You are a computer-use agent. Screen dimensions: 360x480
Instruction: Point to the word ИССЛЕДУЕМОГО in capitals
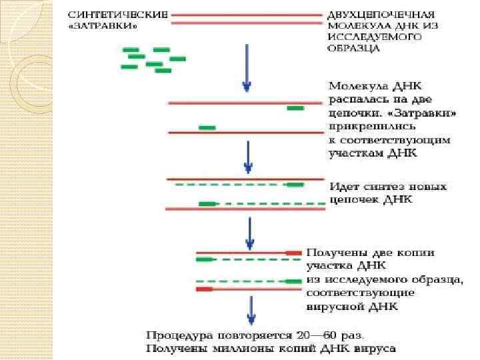click(x=375, y=37)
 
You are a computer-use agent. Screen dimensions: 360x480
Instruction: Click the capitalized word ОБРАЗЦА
click(x=354, y=48)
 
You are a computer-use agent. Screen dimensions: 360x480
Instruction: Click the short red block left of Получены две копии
click(x=293, y=253)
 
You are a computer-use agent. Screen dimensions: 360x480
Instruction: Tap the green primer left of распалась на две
click(x=295, y=108)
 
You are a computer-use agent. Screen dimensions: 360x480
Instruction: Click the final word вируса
click(x=377, y=347)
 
